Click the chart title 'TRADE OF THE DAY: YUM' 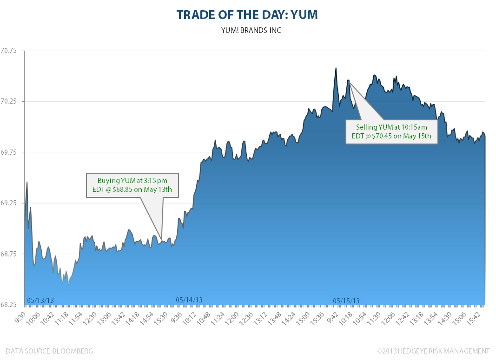pyautogui.click(x=247, y=15)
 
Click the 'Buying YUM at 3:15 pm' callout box pyautogui.click(x=132, y=185)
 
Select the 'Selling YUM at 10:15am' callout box pyautogui.click(x=391, y=131)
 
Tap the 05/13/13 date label pyautogui.click(x=40, y=301)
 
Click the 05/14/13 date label pyautogui.click(x=189, y=300)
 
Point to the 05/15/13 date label pyautogui.click(x=346, y=301)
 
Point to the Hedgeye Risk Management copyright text pyautogui.click(x=433, y=351)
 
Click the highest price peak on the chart pyautogui.click(x=335, y=68)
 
